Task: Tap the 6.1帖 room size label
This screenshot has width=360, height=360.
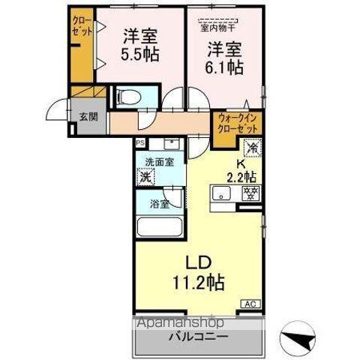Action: [x=223, y=67]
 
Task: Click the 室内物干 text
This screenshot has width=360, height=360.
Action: [x=217, y=29]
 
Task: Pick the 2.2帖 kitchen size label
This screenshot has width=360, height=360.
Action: [x=242, y=177]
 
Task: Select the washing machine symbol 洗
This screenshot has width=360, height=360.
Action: [x=146, y=178]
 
